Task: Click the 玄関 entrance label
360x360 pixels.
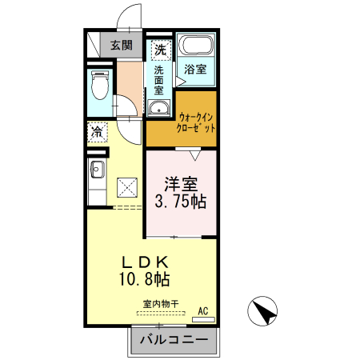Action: [x=122, y=45]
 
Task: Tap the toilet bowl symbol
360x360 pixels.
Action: [x=99, y=82]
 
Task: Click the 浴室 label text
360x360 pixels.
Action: [x=195, y=69]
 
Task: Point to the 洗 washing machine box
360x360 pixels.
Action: [x=161, y=49]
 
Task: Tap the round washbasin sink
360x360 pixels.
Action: [x=158, y=110]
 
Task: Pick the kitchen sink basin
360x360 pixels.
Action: [x=97, y=170]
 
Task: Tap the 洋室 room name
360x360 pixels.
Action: [x=182, y=182]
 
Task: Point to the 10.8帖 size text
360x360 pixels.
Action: [x=145, y=280]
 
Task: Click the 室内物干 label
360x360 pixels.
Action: [x=161, y=304]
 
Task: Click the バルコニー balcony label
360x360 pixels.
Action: [x=174, y=340]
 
